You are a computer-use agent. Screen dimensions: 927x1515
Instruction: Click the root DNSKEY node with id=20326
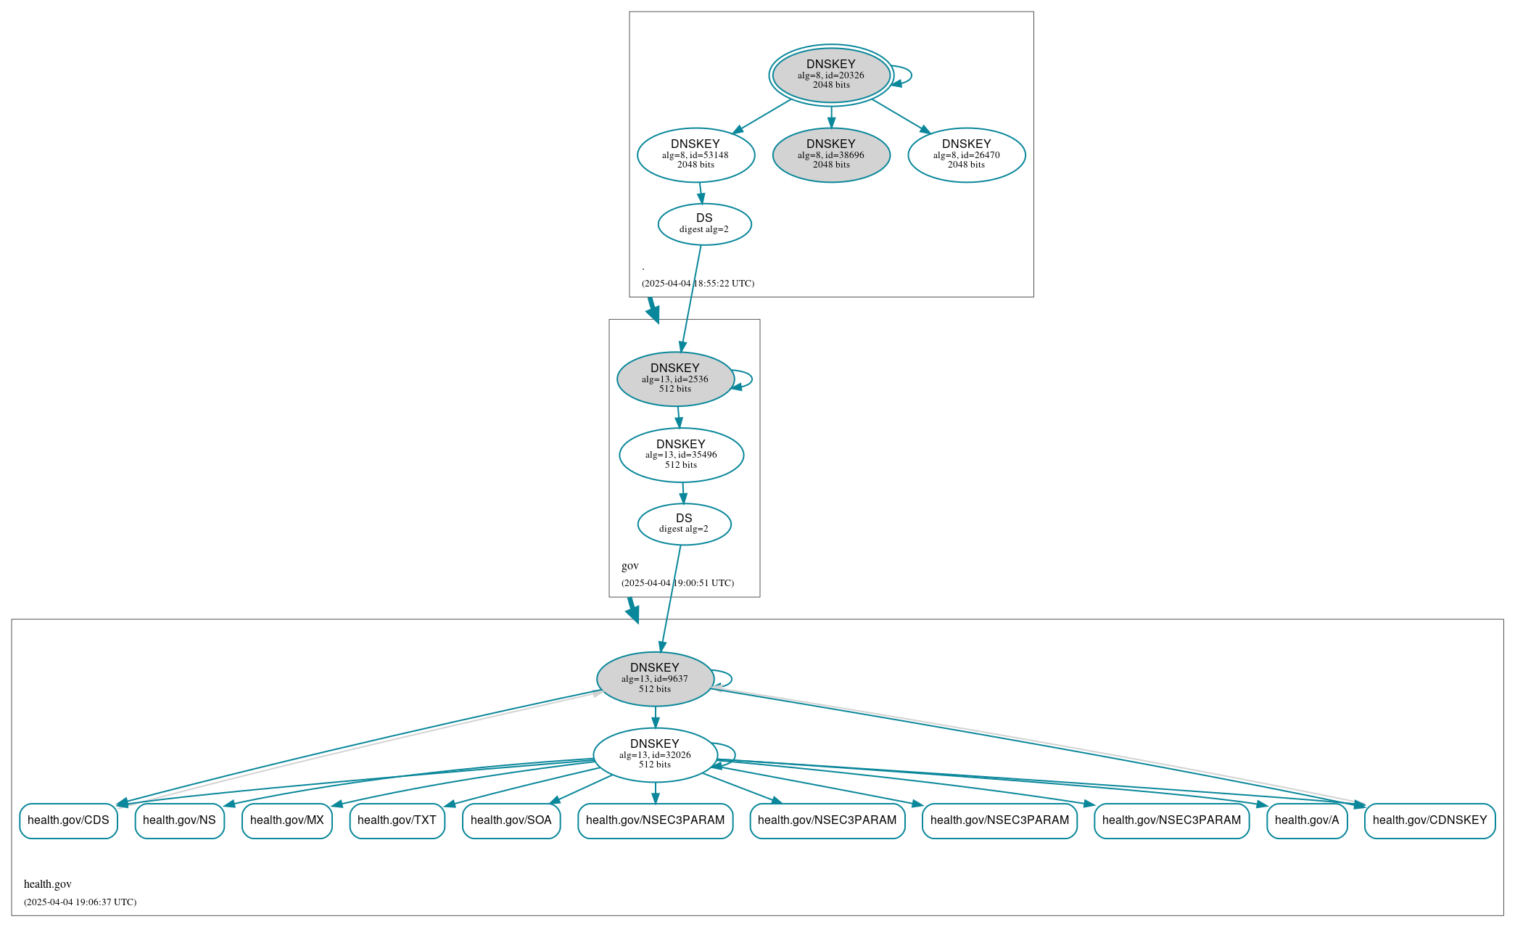click(x=830, y=75)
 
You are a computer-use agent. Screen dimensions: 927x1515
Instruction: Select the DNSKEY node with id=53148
click(x=695, y=154)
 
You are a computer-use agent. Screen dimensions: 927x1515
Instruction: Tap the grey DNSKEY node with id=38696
click(x=830, y=154)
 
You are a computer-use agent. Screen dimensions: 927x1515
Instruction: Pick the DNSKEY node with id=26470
click(x=966, y=154)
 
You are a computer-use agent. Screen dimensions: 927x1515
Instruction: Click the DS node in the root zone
click(x=704, y=223)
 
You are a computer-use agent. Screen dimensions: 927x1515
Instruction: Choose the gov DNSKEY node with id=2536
click(x=674, y=379)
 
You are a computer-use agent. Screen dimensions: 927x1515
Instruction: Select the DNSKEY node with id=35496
click(x=680, y=455)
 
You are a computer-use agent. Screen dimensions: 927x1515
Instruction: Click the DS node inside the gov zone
click(x=684, y=524)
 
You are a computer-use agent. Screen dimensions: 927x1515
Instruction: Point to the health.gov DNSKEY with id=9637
click(x=654, y=679)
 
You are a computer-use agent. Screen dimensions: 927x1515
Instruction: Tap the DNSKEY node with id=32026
click(x=654, y=754)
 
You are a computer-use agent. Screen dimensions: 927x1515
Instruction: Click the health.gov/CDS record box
click(x=68, y=820)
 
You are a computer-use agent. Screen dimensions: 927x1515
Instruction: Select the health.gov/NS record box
click(x=179, y=820)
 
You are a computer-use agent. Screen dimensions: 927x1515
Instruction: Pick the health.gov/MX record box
click(x=286, y=820)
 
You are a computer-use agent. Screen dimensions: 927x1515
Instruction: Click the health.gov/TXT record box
click(x=397, y=820)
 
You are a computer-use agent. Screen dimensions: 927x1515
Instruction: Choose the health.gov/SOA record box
click(x=511, y=820)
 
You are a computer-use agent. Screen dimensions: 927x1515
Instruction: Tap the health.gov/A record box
click(x=1306, y=820)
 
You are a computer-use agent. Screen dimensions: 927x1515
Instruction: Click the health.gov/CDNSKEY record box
click(x=1429, y=820)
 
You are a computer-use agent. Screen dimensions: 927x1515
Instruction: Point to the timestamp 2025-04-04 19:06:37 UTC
click(x=80, y=902)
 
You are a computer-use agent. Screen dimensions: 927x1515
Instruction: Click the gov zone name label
click(x=629, y=566)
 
